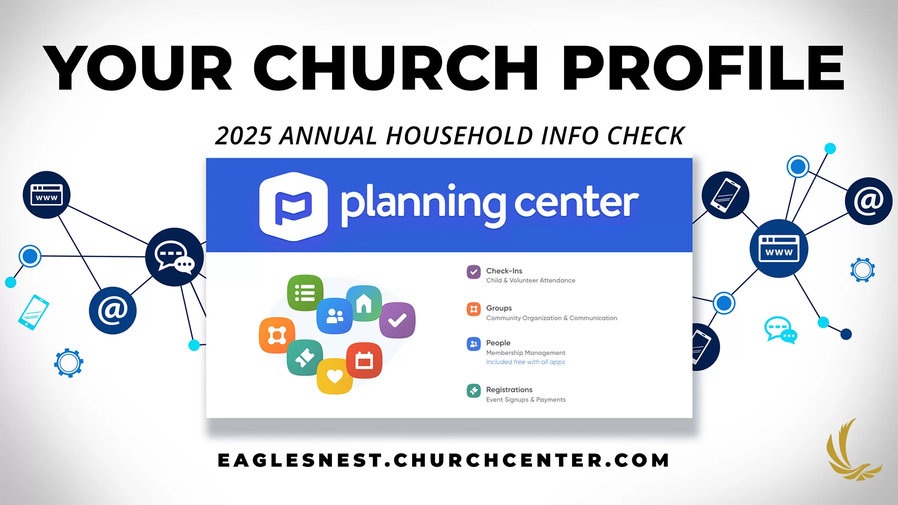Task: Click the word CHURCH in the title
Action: [396, 68]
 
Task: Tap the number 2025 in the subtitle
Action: [243, 136]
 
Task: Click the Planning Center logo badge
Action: [293, 206]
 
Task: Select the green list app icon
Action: [305, 293]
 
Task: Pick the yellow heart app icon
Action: [334, 376]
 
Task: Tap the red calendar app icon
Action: [364, 361]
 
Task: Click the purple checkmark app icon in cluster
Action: [397, 320]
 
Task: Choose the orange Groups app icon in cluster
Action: [277, 335]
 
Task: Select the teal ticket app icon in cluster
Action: [304, 358]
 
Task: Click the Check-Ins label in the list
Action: [504, 271]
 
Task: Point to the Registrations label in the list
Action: [509, 390]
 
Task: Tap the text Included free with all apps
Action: [525, 362]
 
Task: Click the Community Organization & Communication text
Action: [551, 318]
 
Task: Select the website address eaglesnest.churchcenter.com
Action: [443, 460]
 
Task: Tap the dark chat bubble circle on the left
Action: [174, 257]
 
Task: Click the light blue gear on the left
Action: [69, 362]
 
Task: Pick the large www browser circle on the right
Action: [779, 248]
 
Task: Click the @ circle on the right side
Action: [869, 201]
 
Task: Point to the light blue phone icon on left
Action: [34, 312]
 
